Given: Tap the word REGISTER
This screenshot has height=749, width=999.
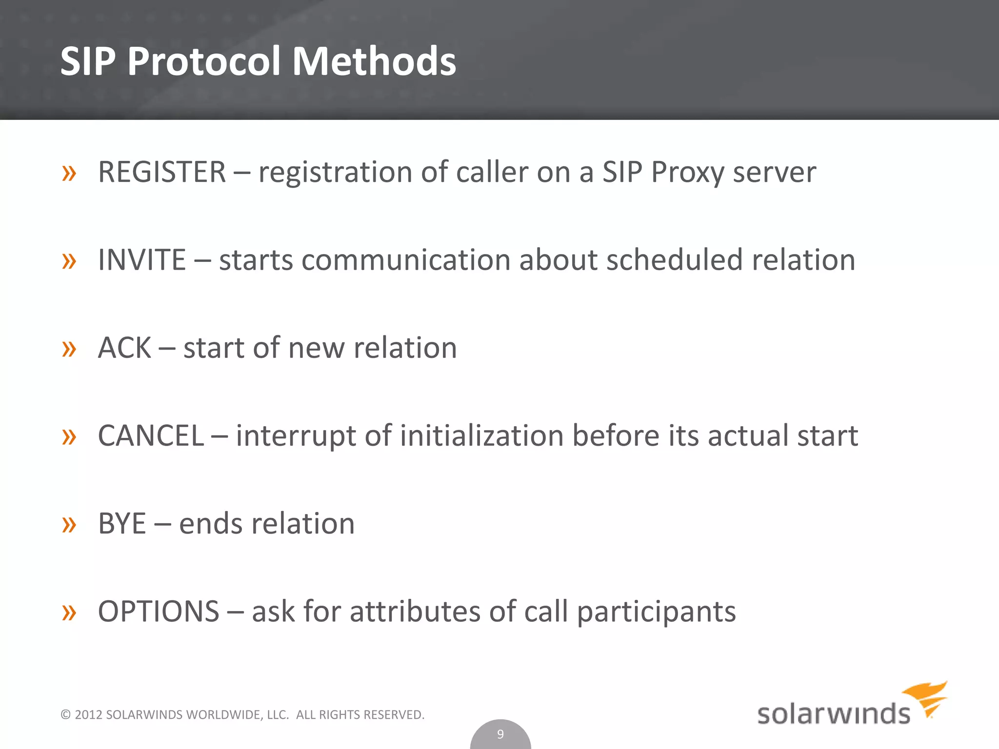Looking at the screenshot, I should [x=162, y=172].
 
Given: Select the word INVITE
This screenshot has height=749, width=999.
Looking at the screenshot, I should [x=141, y=260].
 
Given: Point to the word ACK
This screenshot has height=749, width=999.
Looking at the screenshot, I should [x=124, y=348].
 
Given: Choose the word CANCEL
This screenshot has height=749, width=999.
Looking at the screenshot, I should [x=151, y=435].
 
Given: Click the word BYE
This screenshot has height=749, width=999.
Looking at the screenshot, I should [x=122, y=524].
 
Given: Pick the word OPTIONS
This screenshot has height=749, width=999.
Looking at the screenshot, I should [x=159, y=611].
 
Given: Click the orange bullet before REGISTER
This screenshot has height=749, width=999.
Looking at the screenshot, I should [x=69, y=173].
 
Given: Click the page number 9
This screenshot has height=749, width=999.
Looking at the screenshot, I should [x=500, y=734].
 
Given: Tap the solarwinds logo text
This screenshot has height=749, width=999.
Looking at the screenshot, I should [x=833, y=714].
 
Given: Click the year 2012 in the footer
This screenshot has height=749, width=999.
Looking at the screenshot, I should [x=88, y=715].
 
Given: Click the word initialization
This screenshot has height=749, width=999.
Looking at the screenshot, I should [x=481, y=435].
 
